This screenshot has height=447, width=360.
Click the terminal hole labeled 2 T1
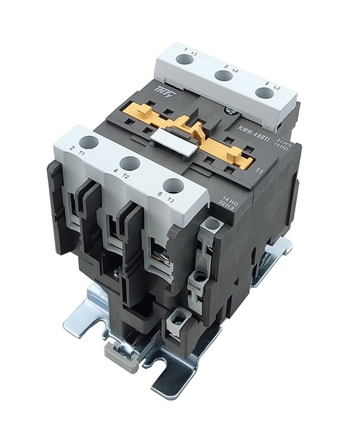(x=87, y=142)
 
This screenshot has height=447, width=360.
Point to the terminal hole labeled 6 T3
(x=171, y=186)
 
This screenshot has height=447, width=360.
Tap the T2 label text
(x=126, y=177)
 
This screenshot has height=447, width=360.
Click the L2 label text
(x=235, y=72)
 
